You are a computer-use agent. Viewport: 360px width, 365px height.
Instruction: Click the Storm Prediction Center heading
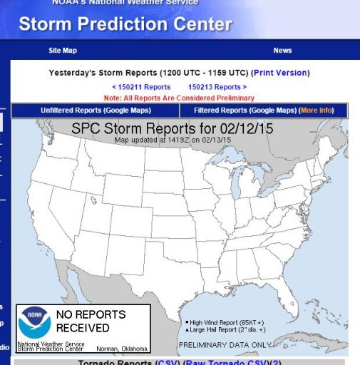pos(125,24)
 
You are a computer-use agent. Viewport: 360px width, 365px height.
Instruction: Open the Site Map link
pos(63,51)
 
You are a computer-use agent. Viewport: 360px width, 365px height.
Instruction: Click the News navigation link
pos(282,51)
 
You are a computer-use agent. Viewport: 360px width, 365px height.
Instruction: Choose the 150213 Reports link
pos(217,87)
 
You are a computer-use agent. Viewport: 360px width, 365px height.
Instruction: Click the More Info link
pos(323,110)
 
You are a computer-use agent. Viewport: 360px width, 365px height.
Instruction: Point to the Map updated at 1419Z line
pos(171,140)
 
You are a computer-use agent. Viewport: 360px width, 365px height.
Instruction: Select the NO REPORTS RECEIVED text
pos(91,322)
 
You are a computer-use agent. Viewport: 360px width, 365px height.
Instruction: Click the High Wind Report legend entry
pos(222,322)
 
